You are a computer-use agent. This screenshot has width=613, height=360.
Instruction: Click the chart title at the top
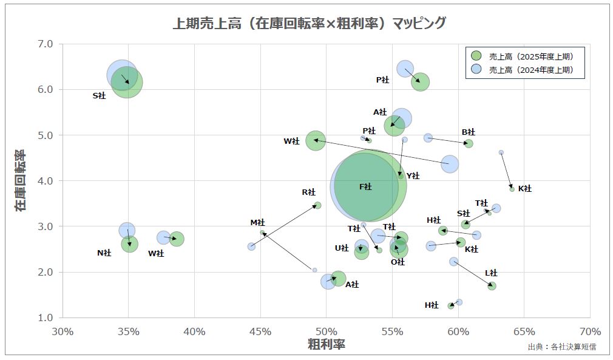click(x=310, y=23)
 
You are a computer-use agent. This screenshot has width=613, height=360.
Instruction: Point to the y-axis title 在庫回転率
click(x=21, y=180)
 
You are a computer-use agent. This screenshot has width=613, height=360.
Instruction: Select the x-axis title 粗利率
click(x=326, y=344)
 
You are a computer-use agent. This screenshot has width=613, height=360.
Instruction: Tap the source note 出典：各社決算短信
click(x=561, y=347)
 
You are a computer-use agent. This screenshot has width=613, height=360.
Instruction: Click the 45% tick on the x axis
click(x=260, y=331)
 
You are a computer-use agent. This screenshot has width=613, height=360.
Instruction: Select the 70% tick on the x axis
click(x=590, y=331)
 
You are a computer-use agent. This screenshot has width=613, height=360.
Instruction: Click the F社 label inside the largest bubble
click(x=365, y=187)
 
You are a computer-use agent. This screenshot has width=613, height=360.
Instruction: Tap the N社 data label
click(x=104, y=253)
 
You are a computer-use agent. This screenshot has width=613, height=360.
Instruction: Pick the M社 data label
click(x=257, y=223)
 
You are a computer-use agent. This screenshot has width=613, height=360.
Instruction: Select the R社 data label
click(x=308, y=192)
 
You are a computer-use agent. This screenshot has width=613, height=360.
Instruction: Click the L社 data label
click(x=490, y=273)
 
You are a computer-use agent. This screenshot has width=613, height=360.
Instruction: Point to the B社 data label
click(x=468, y=132)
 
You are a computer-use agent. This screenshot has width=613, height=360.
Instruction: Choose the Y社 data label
click(x=413, y=176)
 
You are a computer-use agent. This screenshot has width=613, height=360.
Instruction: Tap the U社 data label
click(x=341, y=248)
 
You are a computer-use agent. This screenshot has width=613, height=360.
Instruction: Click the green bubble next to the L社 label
click(x=492, y=286)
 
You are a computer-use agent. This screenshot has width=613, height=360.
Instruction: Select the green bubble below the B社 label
click(x=469, y=143)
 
